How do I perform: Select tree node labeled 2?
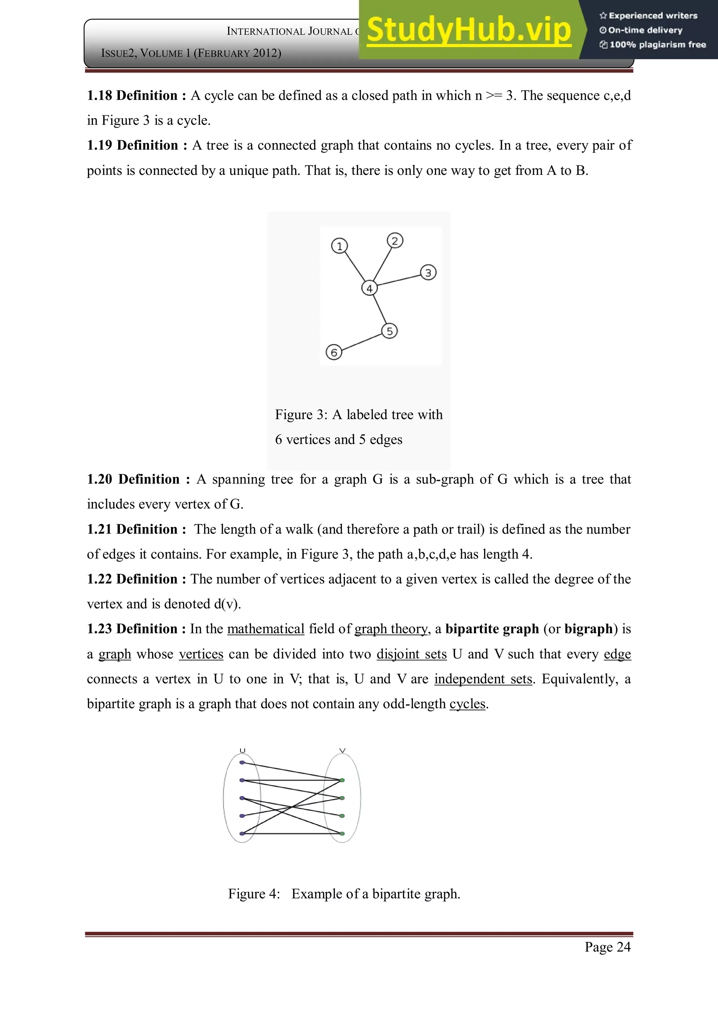click(x=395, y=240)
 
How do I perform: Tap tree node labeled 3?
click(x=428, y=272)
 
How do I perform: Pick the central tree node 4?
click(x=369, y=288)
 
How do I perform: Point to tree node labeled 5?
click(x=390, y=331)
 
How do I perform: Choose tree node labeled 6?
click(x=334, y=352)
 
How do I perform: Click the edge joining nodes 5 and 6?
click(x=362, y=342)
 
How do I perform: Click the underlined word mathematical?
click(x=266, y=629)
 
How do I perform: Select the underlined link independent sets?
click(x=483, y=679)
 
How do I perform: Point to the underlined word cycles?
click(x=467, y=703)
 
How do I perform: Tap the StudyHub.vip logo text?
click(x=469, y=30)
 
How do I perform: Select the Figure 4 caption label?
click(x=254, y=893)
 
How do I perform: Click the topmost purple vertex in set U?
click(x=242, y=762)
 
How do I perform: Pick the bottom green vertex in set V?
click(x=342, y=833)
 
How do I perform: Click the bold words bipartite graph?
click(x=492, y=629)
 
